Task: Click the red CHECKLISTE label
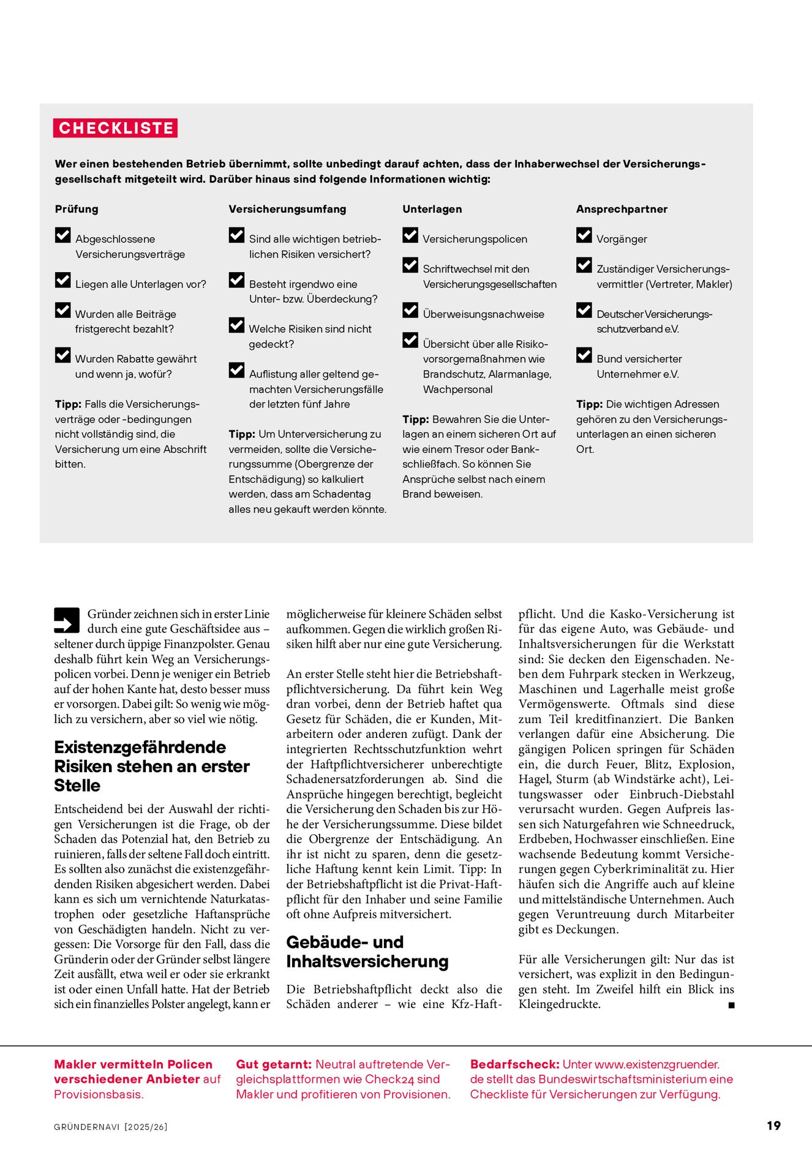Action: coord(116,128)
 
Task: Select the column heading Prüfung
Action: coord(77,209)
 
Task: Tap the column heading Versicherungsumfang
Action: coord(287,209)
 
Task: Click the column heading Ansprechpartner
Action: coord(622,209)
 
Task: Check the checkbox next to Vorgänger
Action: coord(584,235)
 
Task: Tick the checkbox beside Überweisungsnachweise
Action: coord(410,311)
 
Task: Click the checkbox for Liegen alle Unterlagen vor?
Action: coord(62,281)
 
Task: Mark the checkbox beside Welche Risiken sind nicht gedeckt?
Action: coord(236,325)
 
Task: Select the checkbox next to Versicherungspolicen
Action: coord(410,235)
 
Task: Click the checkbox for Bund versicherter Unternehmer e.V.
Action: coord(584,355)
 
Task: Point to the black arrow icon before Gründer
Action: coord(67,620)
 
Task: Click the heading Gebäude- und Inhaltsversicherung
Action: coord(367,952)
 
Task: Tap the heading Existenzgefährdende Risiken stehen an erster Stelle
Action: coord(151,766)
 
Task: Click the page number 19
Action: coord(773,1126)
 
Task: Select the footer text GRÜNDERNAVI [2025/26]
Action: coord(111,1127)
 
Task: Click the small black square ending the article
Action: coord(731,1005)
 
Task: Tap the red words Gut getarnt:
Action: coord(274,1064)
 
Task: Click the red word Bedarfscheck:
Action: coord(514,1064)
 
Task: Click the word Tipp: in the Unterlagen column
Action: coord(415,419)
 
